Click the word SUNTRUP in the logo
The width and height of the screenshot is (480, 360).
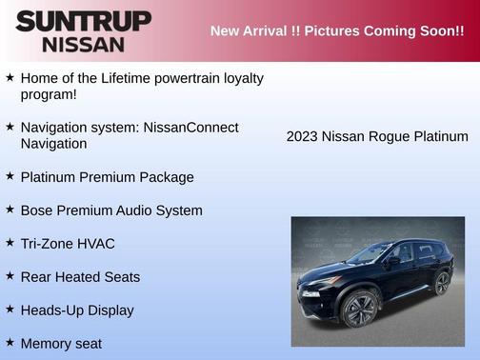click(83, 21)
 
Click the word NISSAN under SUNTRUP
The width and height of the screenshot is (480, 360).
click(83, 44)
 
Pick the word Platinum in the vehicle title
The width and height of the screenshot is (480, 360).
click(440, 137)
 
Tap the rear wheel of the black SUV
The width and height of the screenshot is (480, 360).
click(441, 282)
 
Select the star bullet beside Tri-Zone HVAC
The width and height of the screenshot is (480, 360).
click(10, 243)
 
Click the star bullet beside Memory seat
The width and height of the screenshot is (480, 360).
click(10, 342)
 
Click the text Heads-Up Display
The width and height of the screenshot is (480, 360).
click(77, 310)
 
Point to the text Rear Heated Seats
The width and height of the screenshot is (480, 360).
click(80, 277)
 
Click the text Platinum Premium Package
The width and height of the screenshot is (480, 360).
click(107, 177)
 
